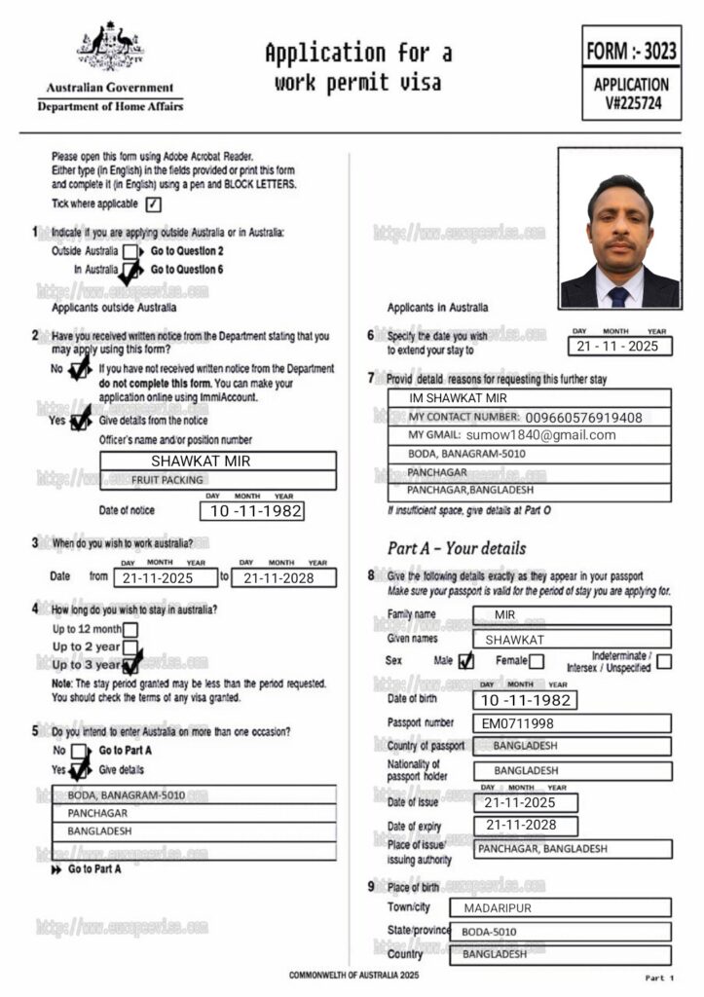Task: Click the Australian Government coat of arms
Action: coord(110,46)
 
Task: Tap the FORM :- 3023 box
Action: coord(631,50)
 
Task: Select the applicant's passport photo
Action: coord(619,228)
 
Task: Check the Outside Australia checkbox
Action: coord(130,251)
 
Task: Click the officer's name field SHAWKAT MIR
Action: coord(218,461)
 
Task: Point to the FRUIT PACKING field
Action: coord(218,480)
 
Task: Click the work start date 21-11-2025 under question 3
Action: coord(165,577)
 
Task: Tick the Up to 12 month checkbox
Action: coord(130,629)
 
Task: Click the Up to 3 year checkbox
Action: coord(131,664)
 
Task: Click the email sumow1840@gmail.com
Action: coord(540,435)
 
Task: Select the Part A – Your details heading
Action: coord(456,547)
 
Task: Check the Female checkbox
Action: coord(536,661)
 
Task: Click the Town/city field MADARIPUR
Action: coord(560,908)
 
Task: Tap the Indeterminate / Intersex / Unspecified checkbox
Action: coord(663,661)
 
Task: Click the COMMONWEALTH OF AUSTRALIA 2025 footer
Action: coord(353,975)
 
